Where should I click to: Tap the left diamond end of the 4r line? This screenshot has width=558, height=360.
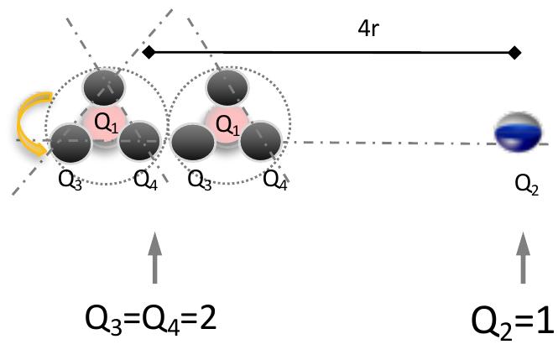[149, 53]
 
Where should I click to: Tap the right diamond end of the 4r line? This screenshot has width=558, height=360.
[514, 53]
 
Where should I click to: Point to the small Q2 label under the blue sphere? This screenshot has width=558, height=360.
[526, 187]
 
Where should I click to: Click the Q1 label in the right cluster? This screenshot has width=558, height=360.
[227, 124]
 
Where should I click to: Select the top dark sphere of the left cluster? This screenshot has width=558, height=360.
[104, 86]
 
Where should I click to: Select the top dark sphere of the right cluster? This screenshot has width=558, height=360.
[226, 87]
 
